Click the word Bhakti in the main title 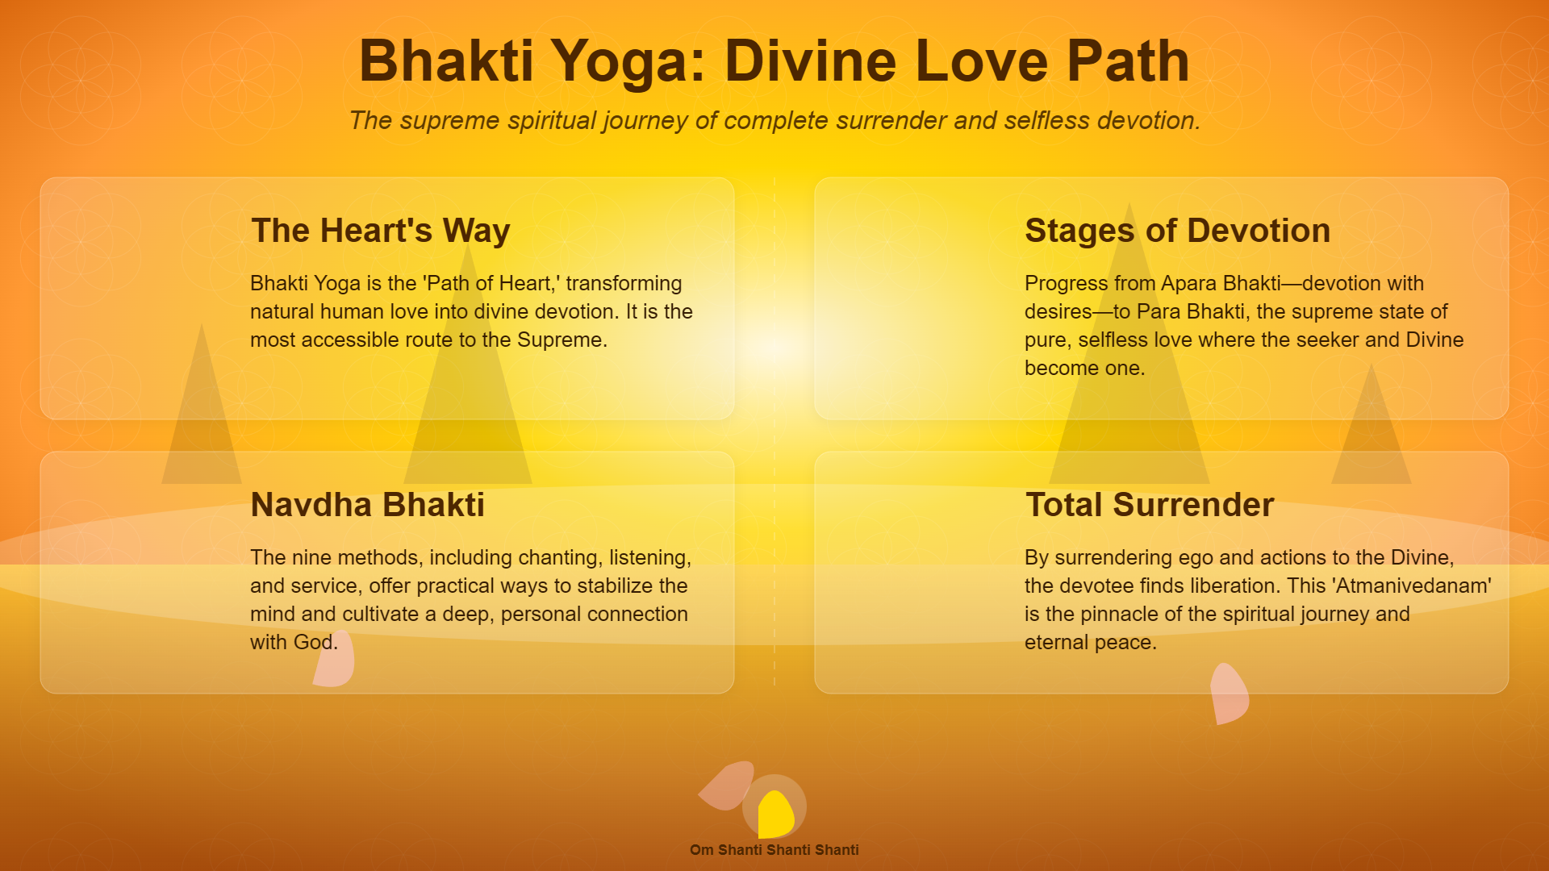coord(446,61)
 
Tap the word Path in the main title coord(1128,61)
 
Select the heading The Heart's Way coord(381,231)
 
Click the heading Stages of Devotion coord(1177,231)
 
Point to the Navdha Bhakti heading coord(368,505)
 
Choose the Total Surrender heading coord(1150,505)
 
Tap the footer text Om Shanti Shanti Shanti coord(774,850)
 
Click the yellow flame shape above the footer coord(776,815)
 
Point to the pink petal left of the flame coord(727,785)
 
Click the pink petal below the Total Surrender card coord(1229,694)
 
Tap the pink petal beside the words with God coord(335,660)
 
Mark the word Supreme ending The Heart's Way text coord(562,340)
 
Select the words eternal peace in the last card coord(1091,643)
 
